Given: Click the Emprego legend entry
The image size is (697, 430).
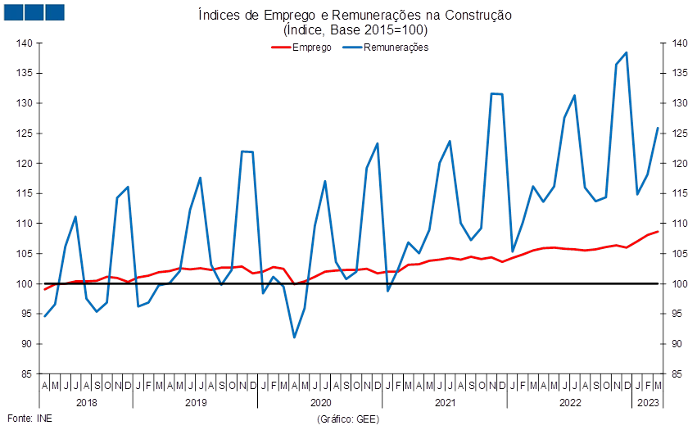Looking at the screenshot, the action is [x=301, y=48].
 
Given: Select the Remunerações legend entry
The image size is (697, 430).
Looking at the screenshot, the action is [x=386, y=48].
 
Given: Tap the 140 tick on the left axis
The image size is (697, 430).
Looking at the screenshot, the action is [x=24, y=43].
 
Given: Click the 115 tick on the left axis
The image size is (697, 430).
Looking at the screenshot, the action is [x=24, y=193].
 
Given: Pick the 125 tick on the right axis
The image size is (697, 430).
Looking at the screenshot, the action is [x=680, y=134].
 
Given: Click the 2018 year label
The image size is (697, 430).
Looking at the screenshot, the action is [x=87, y=403].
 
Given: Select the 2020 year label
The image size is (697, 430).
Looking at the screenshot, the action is [x=320, y=403].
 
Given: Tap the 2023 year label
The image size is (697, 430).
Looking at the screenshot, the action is [x=648, y=403].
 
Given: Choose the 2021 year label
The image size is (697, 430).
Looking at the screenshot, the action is [x=445, y=403].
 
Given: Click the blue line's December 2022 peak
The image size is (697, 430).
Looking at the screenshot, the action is [x=627, y=52].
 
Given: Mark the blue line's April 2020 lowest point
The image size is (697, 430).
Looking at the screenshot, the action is [x=294, y=337].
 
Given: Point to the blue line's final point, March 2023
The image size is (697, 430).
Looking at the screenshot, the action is [x=658, y=128].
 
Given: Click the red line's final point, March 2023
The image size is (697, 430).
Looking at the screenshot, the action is [x=658, y=232].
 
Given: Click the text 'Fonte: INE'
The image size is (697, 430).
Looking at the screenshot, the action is [x=29, y=419].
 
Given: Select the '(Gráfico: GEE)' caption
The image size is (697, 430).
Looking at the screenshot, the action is [x=348, y=419].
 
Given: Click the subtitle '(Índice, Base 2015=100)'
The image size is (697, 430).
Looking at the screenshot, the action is [x=355, y=30].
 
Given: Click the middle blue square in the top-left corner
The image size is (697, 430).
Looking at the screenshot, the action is [x=34, y=12].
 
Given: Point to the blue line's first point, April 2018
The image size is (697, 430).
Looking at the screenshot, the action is [x=45, y=316].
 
